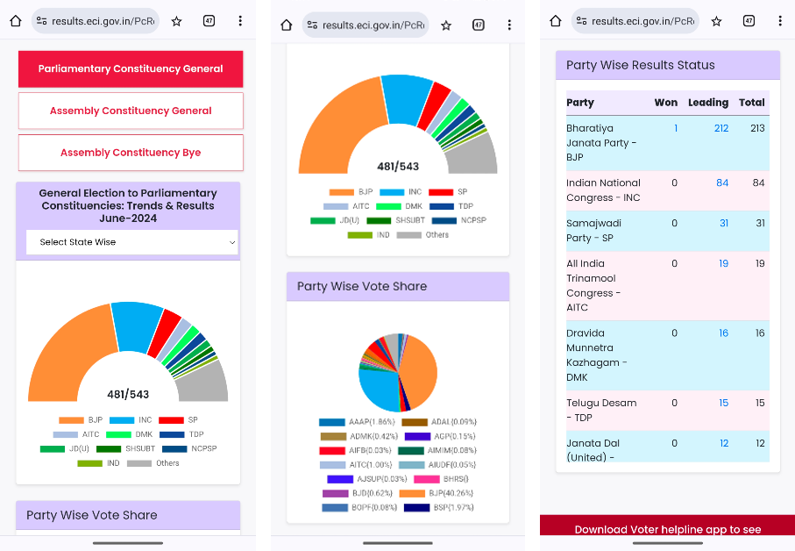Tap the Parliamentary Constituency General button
(x=131, y=68)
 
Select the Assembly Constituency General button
(x=131, y=111)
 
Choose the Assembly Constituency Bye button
(x=131, y=153)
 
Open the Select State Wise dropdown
(x=131, y=242)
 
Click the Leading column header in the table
(x=707, y=103)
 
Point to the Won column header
(x=665, y=103)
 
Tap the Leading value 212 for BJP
(x=720, y=128)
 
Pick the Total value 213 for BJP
(x=757, y=128)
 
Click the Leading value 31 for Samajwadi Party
(x=724, y=223)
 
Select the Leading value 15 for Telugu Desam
(x=723, y=403)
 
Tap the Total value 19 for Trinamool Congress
(x=759, y=263)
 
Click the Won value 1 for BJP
(x=675, y=128)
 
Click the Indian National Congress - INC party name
(x=604, y=190)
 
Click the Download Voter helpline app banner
(x=667, y=529)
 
